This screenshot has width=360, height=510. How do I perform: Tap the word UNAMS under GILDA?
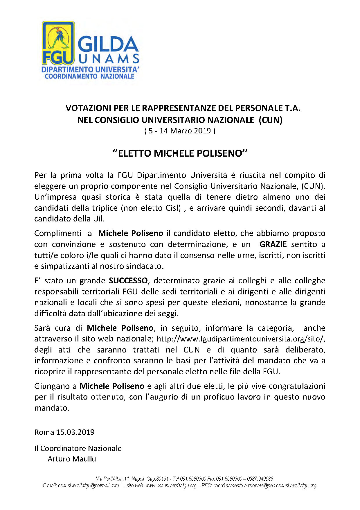(x=109, y=59)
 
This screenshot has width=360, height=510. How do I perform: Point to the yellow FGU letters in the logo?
(x=57, y=58)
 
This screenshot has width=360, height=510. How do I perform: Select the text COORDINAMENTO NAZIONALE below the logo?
(x=89, y=76)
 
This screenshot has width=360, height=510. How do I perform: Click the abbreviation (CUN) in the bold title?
(x=271, y=120)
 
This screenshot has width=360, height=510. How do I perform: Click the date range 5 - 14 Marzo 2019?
(x=180, y=131)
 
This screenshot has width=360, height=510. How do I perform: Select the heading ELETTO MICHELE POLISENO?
(x=180, y=153)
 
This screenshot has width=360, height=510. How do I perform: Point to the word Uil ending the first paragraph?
(x=98, y=219)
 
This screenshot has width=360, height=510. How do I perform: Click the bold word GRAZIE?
(x=273, y=244)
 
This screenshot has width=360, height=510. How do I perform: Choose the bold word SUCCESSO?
(x=128, y=280)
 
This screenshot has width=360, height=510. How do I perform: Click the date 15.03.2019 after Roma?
(x=75, y=432)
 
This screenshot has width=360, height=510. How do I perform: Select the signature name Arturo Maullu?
(x=72, y=459)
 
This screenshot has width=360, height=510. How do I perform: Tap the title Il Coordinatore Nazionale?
(x=78, y=448)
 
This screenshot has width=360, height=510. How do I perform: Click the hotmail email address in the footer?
(x=88, y=486)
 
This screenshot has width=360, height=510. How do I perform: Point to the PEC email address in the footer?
(x=264, y=486)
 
